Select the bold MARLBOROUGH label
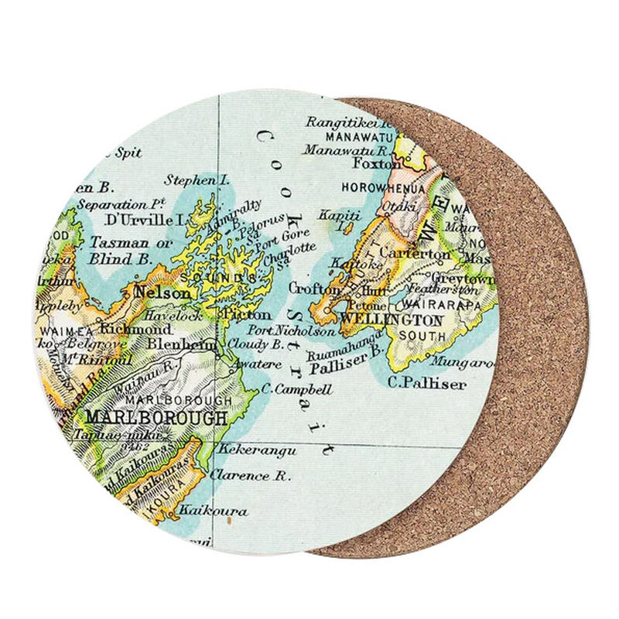(x=157, y=418)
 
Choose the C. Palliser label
(x=427, y=383)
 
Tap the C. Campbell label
(x=297, y=389)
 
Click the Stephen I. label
(x=197, y=180)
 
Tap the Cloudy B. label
(x=256, y=344)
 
